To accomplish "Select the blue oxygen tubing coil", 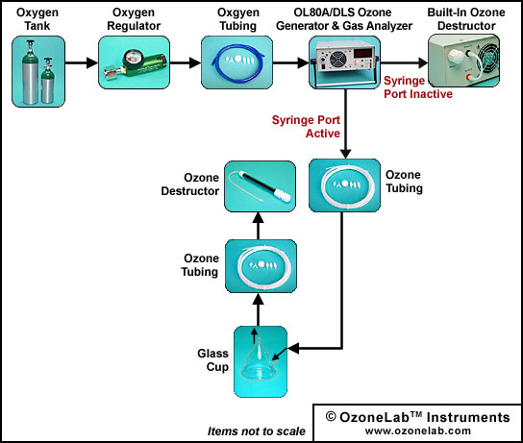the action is tap(237, 62).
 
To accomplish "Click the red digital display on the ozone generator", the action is tap(362, 54).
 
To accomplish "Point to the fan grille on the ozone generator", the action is tap(338, 60).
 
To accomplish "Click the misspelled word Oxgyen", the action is tap(238, 12).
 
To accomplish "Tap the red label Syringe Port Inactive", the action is tap(418, 87).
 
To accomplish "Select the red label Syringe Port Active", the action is tap(306, 127).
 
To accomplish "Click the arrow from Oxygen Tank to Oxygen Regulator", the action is tap(82, 62).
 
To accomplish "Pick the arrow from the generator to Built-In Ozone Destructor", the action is tap(404, 62).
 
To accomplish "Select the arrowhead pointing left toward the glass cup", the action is tap(293, 349).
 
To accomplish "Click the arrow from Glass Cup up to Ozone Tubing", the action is tap(259, 309).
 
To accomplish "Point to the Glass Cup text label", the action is tap(212, 360).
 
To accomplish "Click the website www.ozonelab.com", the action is tap(418, 431).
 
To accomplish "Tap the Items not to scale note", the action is tap(256, 431).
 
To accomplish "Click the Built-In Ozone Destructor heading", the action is tap(466, 19).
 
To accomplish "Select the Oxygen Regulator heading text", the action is tap(134, 19).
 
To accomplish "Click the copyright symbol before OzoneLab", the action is tap(331, 417).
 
